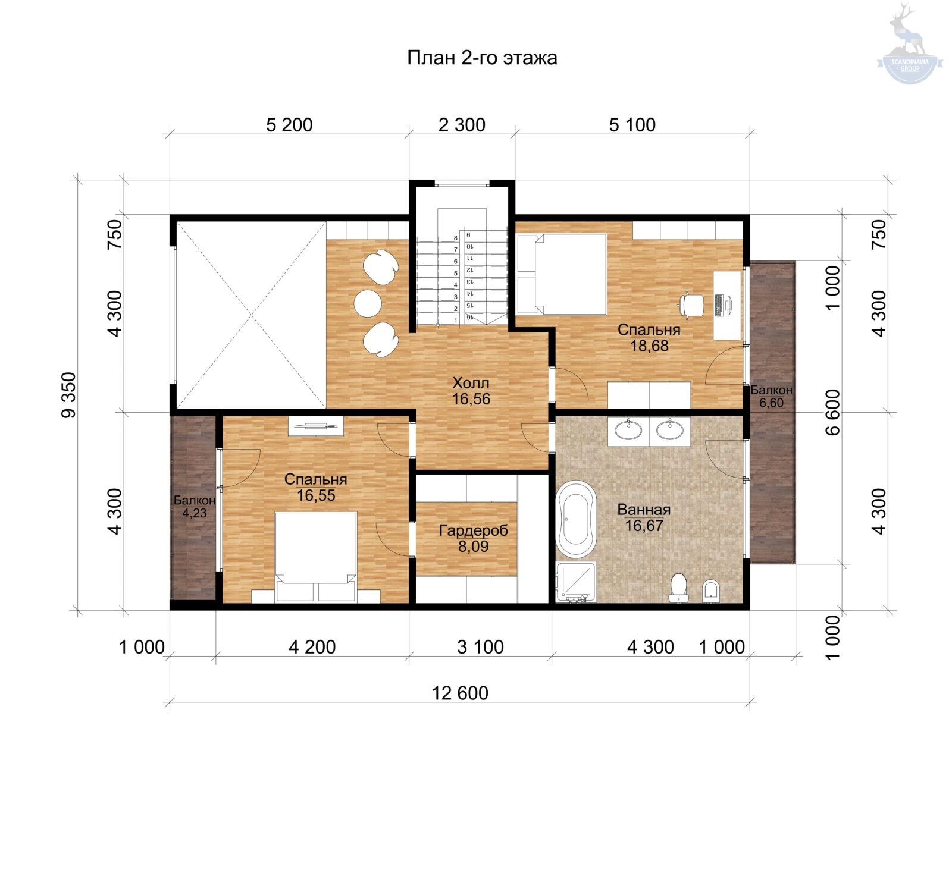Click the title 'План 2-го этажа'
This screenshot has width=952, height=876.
tap(482, 58)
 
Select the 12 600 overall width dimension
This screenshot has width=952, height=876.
tap(460, 693)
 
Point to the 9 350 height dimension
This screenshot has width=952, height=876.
tap(69, 395)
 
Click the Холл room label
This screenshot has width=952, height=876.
tap(471, 382)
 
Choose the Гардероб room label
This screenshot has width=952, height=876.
tap(474, 530)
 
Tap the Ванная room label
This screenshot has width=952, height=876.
tap(644, 510)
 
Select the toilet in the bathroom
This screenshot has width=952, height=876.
tap(678, 588)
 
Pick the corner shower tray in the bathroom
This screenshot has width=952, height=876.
tap(576, 582)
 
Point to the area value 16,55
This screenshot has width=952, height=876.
tap(316, 495)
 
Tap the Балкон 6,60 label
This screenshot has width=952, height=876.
tap(771, 396)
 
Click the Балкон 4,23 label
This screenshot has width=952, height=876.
tap(195, 507)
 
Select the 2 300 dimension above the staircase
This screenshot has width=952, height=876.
tap(462, 125)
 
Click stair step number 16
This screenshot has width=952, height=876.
tap(470, 318)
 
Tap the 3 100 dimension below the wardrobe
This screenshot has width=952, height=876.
tap(480, 646)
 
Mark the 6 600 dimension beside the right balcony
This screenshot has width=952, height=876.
tap(833, 412)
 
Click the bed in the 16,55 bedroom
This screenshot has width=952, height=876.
tap(316, 557)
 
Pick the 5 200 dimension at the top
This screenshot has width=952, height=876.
tap(289, 125)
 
